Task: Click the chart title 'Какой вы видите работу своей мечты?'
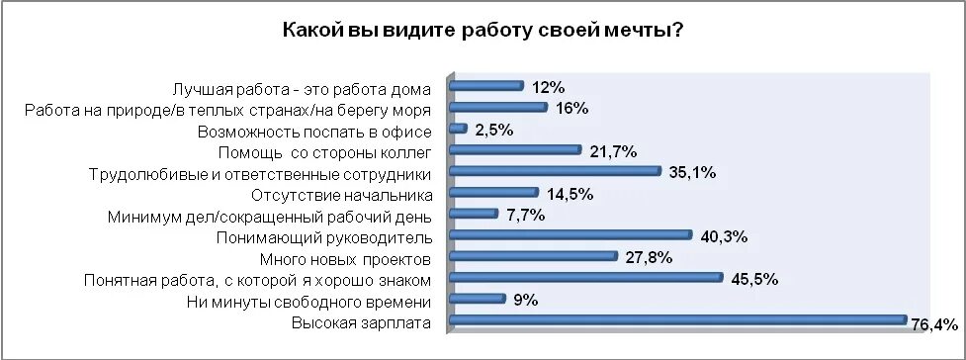point(483,31)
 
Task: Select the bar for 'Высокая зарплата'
point(678,319)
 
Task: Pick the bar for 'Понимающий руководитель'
point(571,234)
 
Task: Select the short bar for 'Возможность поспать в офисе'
point(458,129)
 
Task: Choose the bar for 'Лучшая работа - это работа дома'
point(486,86)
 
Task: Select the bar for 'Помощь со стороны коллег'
point(515,150)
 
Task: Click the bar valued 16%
point(498,107)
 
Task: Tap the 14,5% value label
point(570,194)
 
